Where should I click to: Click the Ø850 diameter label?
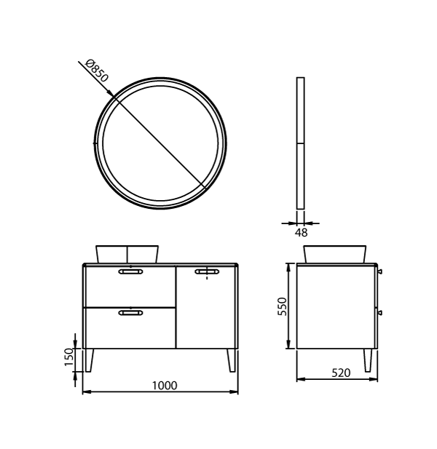coord(97,71)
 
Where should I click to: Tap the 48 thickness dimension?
coord(301,233)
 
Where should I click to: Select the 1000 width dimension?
coord(165,386)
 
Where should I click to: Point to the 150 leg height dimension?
coord(69,357)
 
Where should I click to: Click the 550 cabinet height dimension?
coord(283,306)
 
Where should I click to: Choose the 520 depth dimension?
coord(341,373)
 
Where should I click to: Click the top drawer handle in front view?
coord(130,271)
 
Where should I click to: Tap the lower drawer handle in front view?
coord(130,313)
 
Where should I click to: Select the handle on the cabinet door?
coord(207,271)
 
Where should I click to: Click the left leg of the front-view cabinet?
coord(89,360)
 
